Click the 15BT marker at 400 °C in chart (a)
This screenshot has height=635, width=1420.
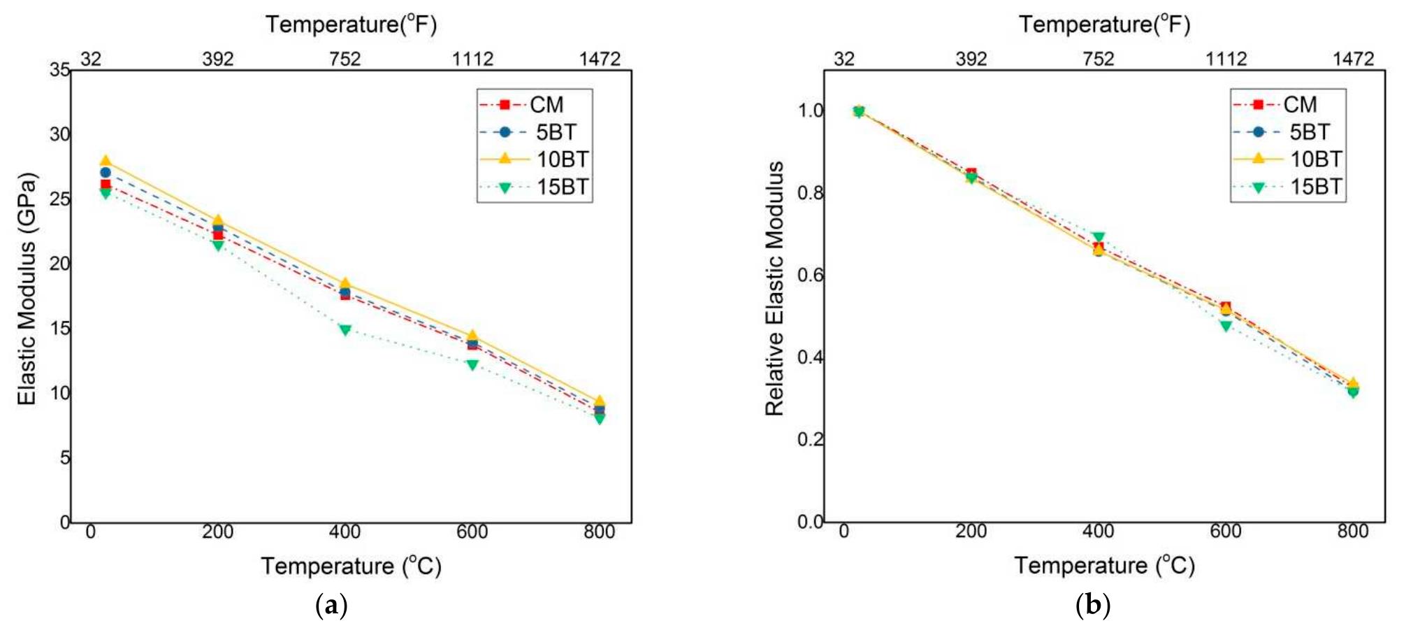(x=345, y=329)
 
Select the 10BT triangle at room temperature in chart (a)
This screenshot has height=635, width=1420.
(x=106, y=161)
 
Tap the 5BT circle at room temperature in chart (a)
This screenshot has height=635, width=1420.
(x=106, y=172)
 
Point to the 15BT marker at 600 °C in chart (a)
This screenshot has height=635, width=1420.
(x=472, y=364)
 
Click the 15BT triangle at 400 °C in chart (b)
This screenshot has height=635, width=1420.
(x=1099, y=238)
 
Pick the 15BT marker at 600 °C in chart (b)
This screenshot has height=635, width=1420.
(x=1226, y=325)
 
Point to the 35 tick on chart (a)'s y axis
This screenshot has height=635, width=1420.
(x=59, y=69)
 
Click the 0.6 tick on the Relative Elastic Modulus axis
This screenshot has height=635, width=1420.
(x=811, y=275)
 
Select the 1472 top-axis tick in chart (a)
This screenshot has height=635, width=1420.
(x=600, y=59)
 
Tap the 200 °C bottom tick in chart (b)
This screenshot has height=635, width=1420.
(x=971, y=531)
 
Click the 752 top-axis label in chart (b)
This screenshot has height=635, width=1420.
(x=1099, y=59)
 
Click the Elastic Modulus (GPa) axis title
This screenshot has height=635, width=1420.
(x=27, y=288)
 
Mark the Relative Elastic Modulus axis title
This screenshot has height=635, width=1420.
(x=774, y=288)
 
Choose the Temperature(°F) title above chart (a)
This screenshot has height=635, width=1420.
(x=351, y=24)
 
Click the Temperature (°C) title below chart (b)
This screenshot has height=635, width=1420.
(x=1104, y=565)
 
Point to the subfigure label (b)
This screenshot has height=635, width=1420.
(x=1093, y=605)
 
